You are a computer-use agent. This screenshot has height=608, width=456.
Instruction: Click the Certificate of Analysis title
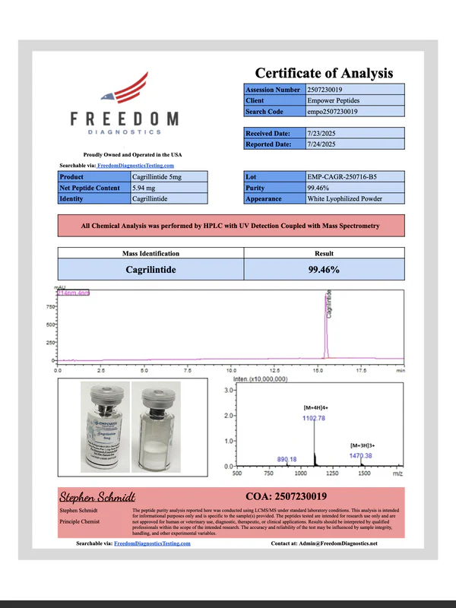(x=324, y=73)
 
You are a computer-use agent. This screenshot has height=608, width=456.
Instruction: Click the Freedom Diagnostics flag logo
(x=124, y=88)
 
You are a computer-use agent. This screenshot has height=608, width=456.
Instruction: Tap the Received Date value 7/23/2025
(x=323, y=134)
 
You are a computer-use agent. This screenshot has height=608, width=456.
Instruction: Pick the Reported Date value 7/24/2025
(x=323, y=144)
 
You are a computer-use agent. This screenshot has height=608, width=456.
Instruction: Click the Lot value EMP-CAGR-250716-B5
(x=341, y=176)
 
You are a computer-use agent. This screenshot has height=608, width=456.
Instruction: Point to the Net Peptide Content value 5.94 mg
(x=146, y=187)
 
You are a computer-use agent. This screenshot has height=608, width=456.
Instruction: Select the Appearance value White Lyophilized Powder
(x=345, y=198)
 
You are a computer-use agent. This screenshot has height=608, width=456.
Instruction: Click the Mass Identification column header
(x=151, y=254)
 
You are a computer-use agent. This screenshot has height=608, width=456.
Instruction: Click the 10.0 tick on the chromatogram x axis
(x=230, y=372)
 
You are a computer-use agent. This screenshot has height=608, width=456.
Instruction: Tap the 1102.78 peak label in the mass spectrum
(x=319, y=417)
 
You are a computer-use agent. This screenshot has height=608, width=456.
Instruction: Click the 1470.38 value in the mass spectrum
(x=360, y=455)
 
